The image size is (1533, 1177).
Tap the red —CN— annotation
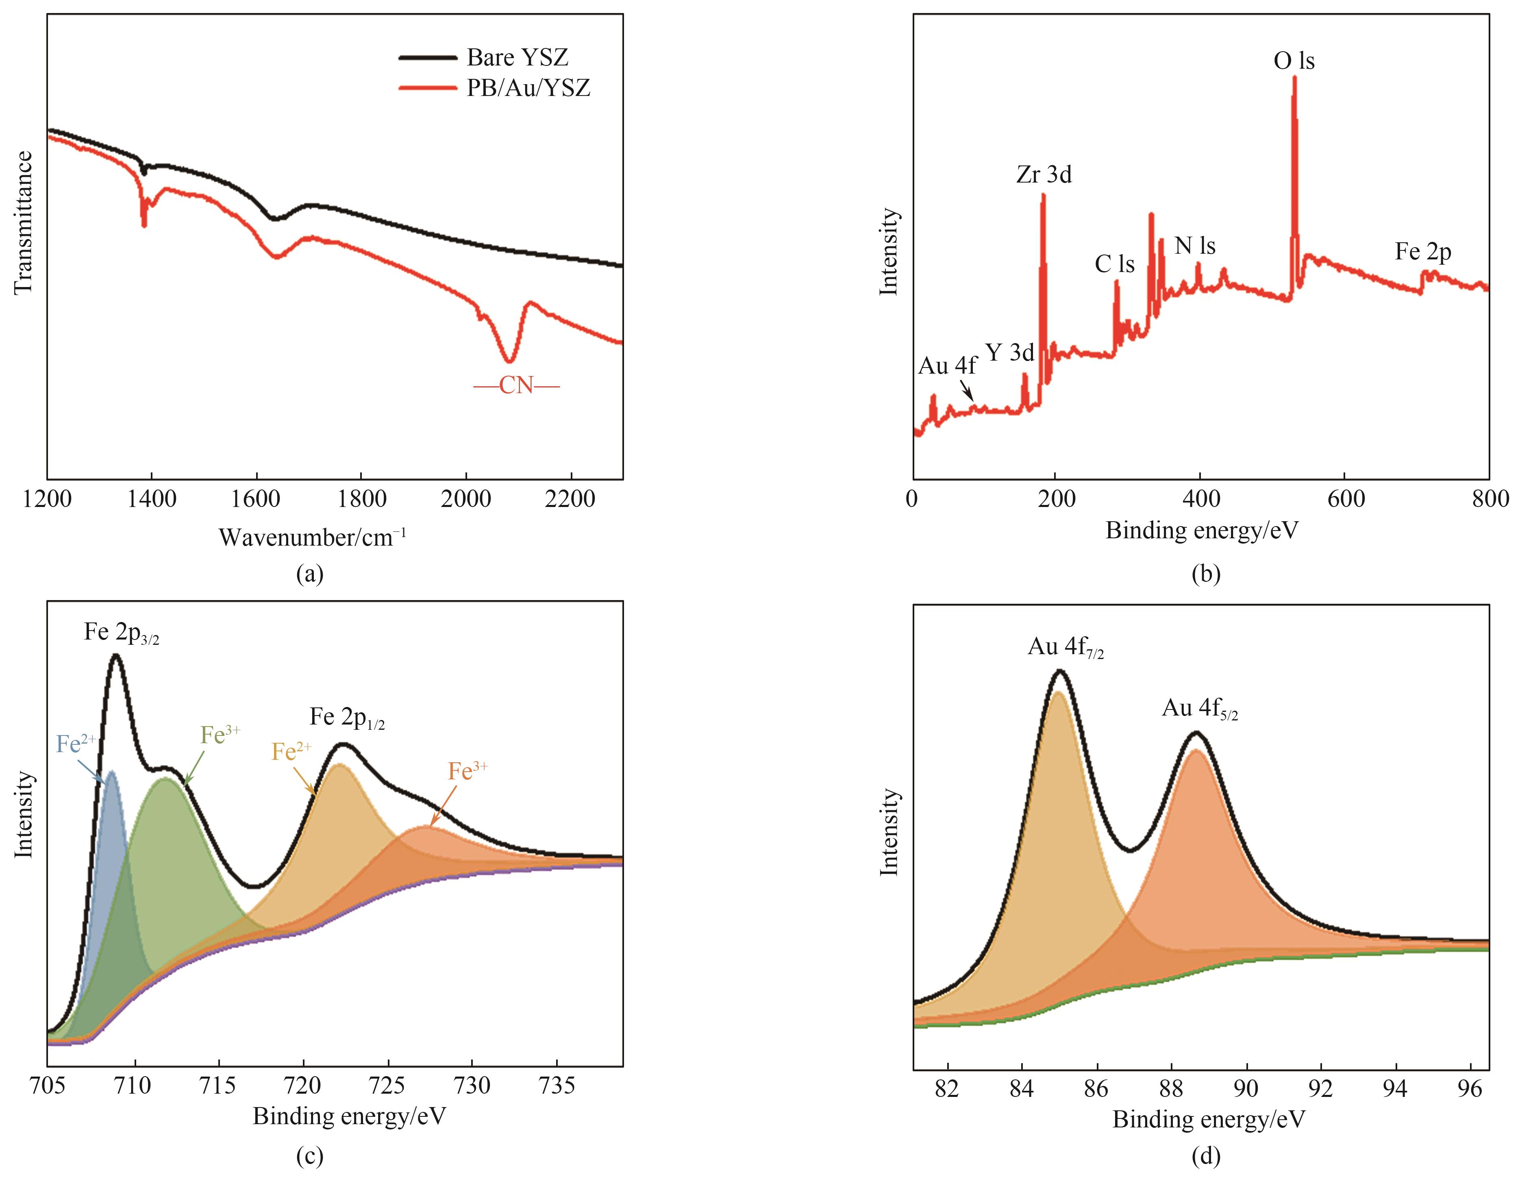[516, 386]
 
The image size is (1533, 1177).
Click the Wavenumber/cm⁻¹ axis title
[312, 537]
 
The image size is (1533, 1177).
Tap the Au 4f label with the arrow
[947, 366]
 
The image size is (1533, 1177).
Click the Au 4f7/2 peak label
[1065, 647]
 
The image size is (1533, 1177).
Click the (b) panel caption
[1205, 574]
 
